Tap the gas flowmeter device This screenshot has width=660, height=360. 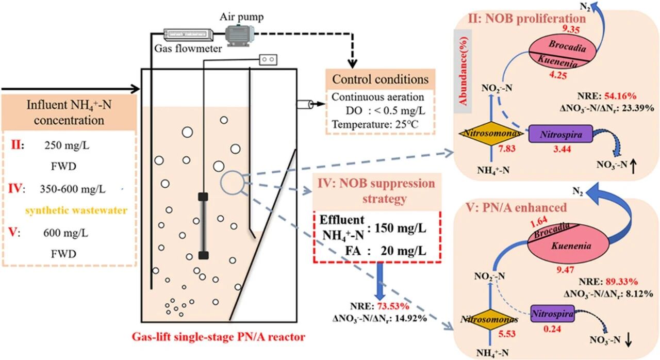(x=188, y=35)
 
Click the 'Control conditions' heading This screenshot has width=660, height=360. (x=381, y=79)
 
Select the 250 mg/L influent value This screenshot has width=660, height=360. (x=67, y=145)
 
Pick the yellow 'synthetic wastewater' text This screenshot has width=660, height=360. (x=76, y=210)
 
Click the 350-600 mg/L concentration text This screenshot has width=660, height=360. (x=73, y=189)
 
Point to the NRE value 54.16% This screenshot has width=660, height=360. (x=620, y=96)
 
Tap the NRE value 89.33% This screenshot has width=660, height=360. (x=622, y=282)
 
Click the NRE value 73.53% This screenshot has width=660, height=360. (x=393, y=306)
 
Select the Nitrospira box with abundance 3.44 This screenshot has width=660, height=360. (x=560, y=134)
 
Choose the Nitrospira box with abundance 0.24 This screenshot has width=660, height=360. (x=552, y=314)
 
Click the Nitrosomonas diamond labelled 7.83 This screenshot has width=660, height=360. (x=491, y=134)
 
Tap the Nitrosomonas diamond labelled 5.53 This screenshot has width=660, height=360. (x=489, y=320)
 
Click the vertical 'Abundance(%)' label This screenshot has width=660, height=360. (x=464, y=71)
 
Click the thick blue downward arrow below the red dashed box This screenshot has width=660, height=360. (x=380, y=281)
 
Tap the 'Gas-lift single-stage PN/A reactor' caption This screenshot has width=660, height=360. (x=218, y=336)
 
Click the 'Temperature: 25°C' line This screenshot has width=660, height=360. (x=375, y=124)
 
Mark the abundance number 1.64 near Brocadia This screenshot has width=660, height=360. (x=539, y=222)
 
